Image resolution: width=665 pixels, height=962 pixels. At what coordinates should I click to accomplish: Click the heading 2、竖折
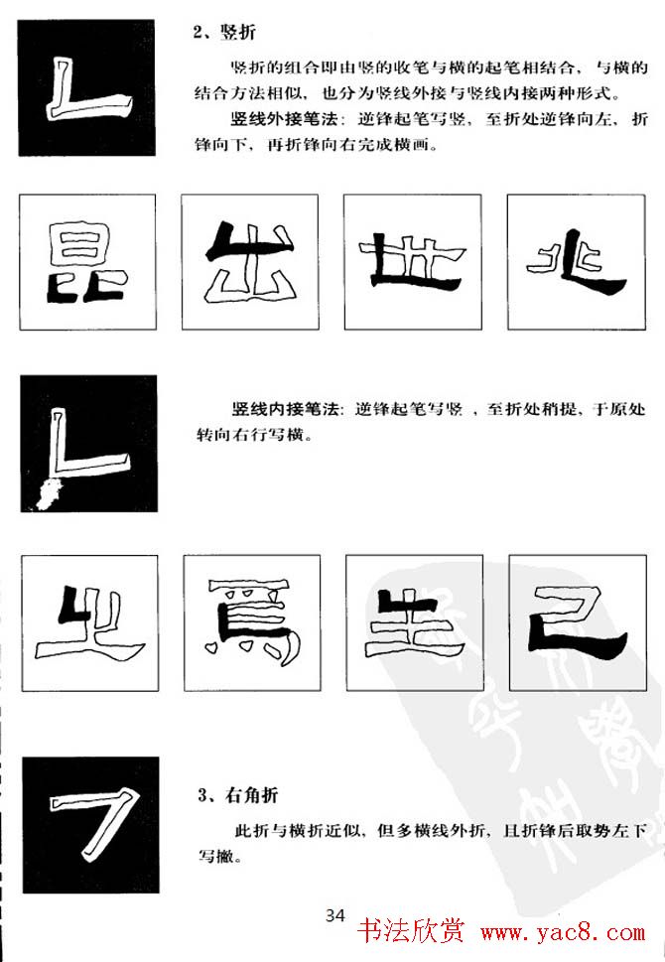(224, 32)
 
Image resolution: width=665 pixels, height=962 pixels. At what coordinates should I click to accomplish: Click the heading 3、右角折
(238, 796)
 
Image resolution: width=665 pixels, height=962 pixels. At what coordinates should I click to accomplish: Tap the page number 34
(334, 916)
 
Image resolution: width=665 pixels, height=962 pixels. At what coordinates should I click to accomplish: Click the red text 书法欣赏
(412, 932)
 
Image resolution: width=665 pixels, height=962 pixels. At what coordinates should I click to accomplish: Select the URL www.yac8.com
(563, 933)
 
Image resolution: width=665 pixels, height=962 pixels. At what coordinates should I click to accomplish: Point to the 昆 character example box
(87, 262)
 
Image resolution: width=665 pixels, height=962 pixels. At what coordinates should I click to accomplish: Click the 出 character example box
(250, 262)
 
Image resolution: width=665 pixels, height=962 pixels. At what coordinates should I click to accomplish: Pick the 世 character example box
(413, 262)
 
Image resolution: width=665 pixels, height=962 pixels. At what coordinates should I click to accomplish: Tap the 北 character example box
(576, 262)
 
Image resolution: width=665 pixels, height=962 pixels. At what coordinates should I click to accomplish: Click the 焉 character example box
(252, 622)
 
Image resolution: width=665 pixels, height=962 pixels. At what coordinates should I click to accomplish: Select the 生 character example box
(415, 622)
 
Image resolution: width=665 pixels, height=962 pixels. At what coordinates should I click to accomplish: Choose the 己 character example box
(578, 622)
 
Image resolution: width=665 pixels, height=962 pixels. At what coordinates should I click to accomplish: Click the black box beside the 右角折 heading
(90, 825)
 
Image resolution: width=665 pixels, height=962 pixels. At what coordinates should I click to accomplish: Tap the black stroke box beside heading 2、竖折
(86, 87)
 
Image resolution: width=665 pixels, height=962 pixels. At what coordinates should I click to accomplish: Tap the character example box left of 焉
(89, 622)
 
